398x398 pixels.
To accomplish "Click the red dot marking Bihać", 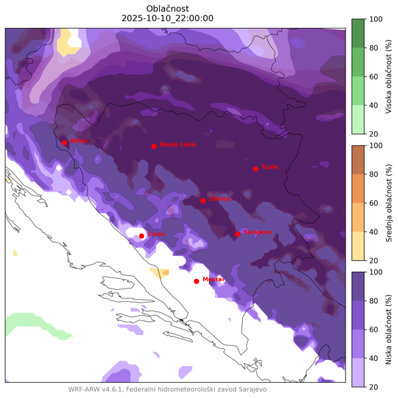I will (64, 143).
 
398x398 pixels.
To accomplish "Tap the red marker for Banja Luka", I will (154, 146).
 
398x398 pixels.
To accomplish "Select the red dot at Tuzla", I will (255, 168).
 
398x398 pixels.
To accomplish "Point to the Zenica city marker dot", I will (203, 200).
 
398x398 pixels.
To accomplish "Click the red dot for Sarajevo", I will (237, 233).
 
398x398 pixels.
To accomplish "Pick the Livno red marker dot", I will (141, 235).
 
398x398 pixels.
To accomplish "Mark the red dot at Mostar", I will (196, 281).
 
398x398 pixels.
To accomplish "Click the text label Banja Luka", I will (178, 144).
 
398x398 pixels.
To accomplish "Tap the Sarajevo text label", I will (257, 232).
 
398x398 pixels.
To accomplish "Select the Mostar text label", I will (214, 279).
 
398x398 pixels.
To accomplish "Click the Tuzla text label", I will (269, 166).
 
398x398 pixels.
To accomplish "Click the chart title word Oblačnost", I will (168, 8).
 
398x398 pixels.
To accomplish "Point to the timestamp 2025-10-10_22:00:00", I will (168, 19).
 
